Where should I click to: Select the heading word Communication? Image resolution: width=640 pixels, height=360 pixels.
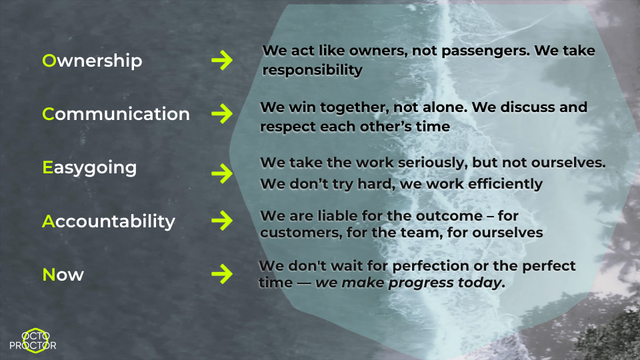pos(116,114)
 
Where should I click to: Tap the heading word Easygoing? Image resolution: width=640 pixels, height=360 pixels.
pos(89,167)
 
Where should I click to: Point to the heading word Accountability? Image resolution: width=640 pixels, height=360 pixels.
pos(109,221)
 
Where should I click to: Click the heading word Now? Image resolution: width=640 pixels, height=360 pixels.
pos(63,274)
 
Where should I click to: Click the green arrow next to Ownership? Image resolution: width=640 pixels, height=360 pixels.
pos(221,61)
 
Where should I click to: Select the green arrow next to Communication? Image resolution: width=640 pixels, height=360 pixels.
pos(221,114)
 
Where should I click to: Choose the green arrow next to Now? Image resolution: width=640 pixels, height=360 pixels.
pos(221,273)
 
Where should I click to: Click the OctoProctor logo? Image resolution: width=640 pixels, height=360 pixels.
pos(33,340)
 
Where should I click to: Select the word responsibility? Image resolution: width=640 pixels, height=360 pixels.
pos(313,70)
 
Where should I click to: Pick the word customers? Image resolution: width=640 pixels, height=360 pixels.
pos(295,233)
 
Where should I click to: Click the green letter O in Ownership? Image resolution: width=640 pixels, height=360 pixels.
pos(49,61)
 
